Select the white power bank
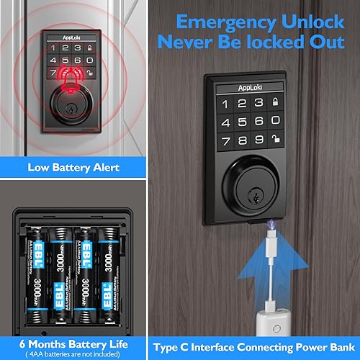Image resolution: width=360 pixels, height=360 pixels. (x=294, y=317)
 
